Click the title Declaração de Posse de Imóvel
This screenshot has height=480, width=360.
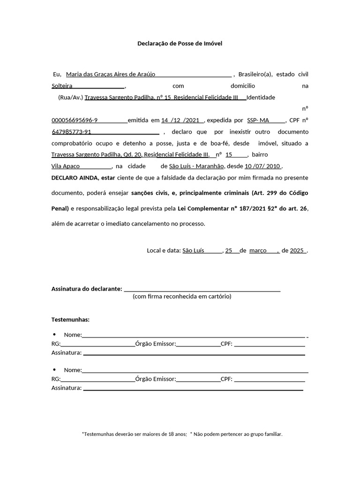pyautogui.click(x=180, y=43)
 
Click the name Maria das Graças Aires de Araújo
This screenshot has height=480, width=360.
pyautogui.click(x=111, y=74)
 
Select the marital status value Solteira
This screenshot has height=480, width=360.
pyautogui.click(x=62, y=86)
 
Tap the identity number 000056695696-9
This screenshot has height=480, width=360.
pyautogui.click(x=75, y=120)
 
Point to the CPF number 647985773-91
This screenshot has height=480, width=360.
pyautogui.click(x=71, y=132)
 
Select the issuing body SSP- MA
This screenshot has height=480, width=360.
pyautogui.click(x=258, y=120)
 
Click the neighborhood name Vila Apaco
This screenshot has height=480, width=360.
pyautogui.click(x=65, y=166)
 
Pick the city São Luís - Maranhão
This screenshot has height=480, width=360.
pyautogui.click(x=197, y=166)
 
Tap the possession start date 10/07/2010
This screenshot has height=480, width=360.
pyautogui.click(x=262, y=166)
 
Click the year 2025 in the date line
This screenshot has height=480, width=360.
pyautogui.click(x=297, y=250)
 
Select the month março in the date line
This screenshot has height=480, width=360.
pyautogui.click(x=258, y=250)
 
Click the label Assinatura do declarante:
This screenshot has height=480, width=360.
pyautogui.click(x=87, y=289)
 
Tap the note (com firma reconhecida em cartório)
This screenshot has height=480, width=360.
pyautogui.click(x=182, y=296)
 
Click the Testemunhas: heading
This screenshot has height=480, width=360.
pyautogui.click(x=70, y=320)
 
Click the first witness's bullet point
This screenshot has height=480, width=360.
pyautogui.click(x=54, y=334)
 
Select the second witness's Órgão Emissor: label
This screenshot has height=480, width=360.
pyautogui.click(x=155, y=379)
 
